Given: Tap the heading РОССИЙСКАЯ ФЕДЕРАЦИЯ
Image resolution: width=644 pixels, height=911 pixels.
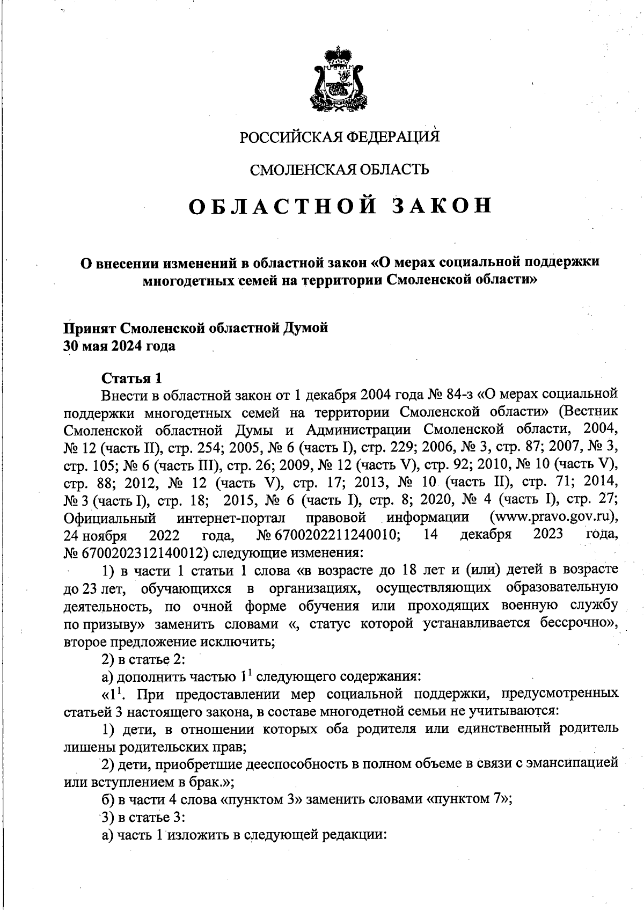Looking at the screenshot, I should (339, 137).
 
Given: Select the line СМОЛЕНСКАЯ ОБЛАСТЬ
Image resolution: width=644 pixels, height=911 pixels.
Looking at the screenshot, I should (340, 170).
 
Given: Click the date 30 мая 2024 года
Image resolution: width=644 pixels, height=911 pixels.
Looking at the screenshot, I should (119, 346).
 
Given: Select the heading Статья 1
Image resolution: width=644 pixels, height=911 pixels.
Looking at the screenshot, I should (131, 378).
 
